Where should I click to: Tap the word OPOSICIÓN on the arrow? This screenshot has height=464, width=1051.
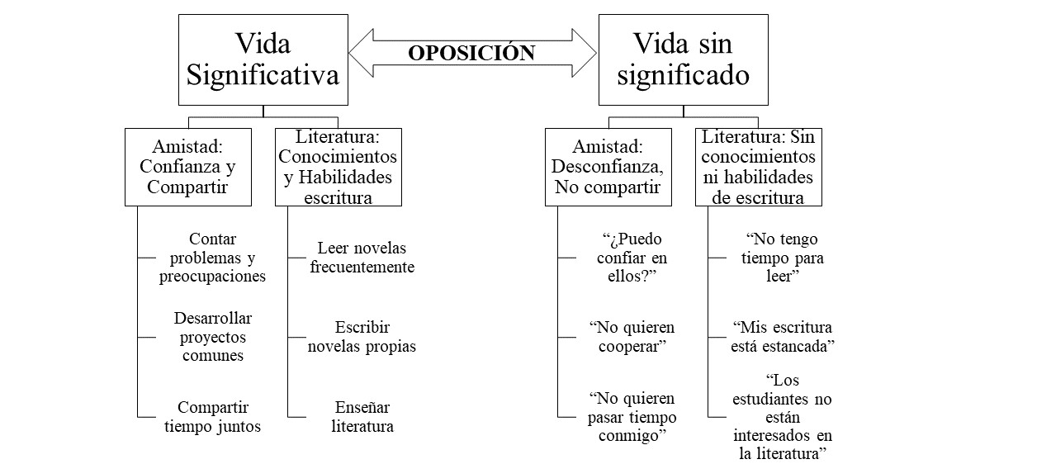(x=471, y=53)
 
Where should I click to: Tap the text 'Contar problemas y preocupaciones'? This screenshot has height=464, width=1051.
(x=212, y=258)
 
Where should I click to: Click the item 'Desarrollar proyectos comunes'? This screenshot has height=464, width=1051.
(x=213, y=337)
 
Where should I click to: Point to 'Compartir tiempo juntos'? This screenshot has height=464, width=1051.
(x=212, y=417)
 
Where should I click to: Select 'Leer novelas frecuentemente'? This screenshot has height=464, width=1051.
(x=362, y=258)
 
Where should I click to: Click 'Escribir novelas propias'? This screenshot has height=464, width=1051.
(x=362, y=337)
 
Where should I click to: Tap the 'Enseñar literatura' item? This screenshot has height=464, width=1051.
(x=362, y=417)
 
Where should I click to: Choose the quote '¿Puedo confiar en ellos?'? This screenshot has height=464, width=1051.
(x=632, y=258)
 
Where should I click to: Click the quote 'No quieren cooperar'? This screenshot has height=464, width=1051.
(x=632, y=337)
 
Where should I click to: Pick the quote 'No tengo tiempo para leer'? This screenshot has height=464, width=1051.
(x=782, y=258)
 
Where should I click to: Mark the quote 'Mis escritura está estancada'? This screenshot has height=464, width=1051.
(x=782, y=337)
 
